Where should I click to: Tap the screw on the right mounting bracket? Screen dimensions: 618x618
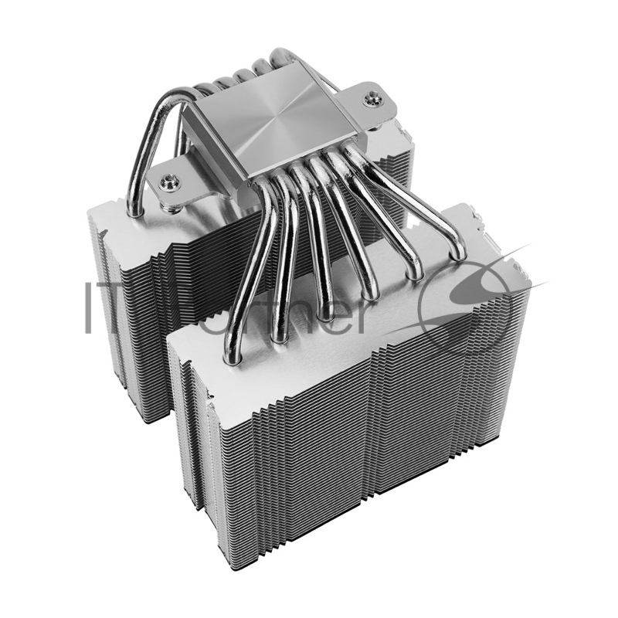(374, 98)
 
